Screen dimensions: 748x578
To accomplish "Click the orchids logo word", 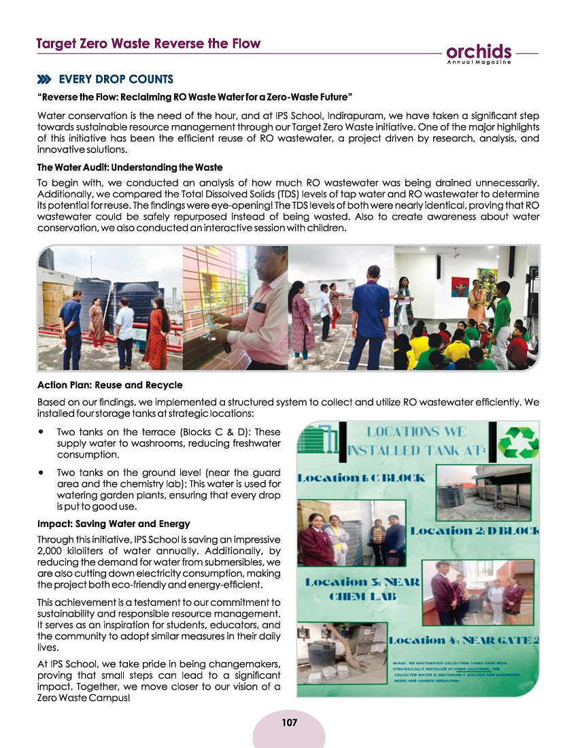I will tap(479, 52).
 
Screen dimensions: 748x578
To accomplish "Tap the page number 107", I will tap(288, 721).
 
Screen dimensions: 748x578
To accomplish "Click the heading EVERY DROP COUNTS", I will tap(116, 79).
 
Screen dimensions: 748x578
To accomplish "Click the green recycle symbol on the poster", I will tap(518, 444).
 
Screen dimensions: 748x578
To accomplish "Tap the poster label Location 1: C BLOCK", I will tap(366, 477).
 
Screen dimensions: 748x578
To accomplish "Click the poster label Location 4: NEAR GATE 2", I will tap(465, 640).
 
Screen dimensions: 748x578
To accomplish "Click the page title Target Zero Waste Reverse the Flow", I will tap(148, 44).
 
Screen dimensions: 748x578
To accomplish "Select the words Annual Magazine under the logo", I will tap(479, 63).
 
